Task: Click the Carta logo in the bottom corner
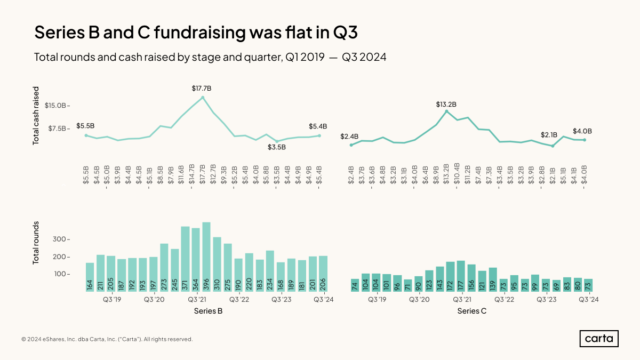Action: click(x=599, y=339)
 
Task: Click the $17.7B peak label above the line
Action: click(x=203, y=87)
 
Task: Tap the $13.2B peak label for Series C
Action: click(x=446, y=105)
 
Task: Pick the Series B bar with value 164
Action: click(x=90, y=277)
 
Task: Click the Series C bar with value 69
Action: click(x=556, y=286)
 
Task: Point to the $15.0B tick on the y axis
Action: click(x=55, y=106)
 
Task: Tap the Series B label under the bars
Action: click(x=208, y=311)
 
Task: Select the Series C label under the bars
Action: click(x=472, y=311)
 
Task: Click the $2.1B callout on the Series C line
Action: click(x=548, y=135)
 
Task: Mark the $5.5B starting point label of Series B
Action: click(x=85, y=126)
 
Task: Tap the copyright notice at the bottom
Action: click(x=107, y=339)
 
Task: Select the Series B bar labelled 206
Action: click(x=323, y=274)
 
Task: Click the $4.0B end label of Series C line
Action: click(x=582, y=131)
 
